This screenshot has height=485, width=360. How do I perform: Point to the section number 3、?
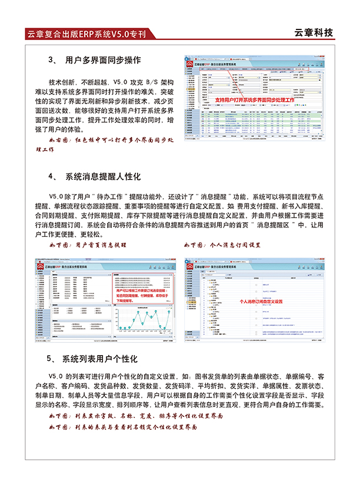(51, 60)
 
